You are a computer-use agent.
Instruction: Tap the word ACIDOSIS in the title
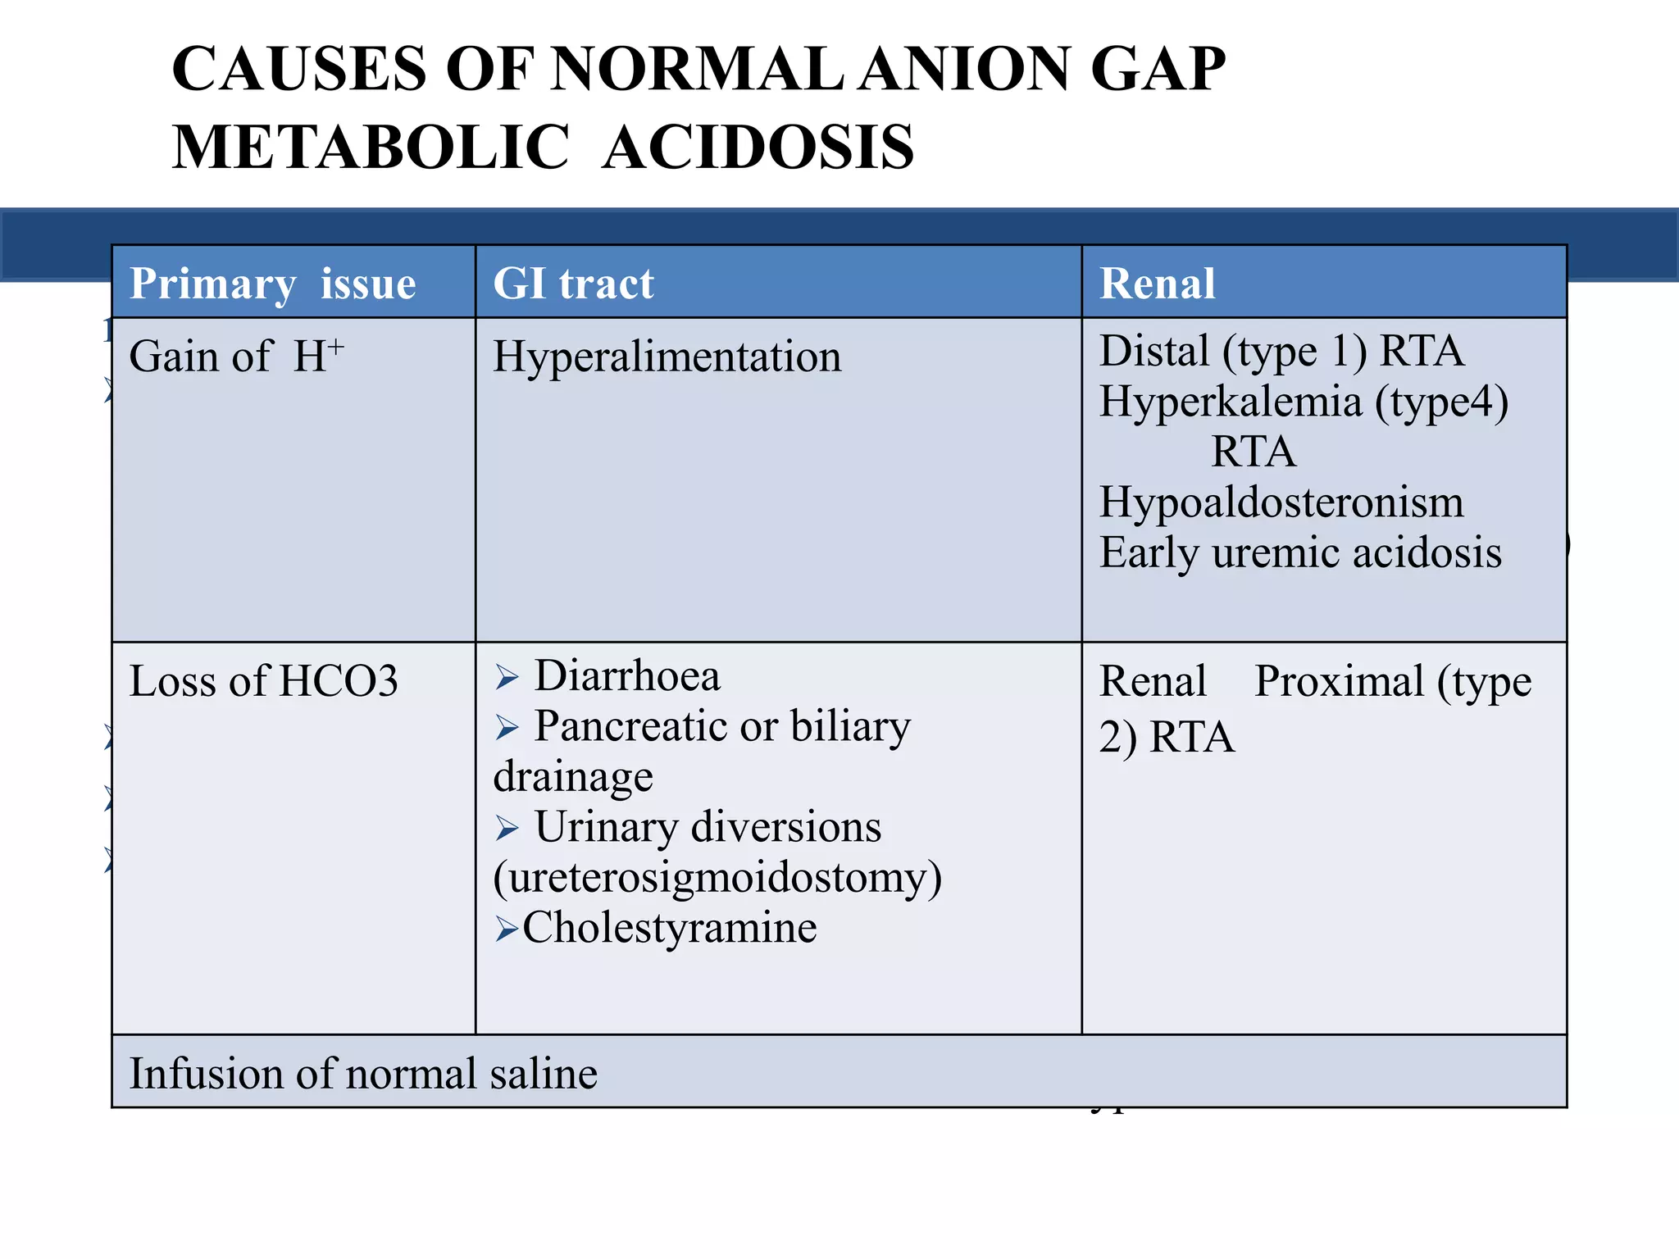click(758, 148)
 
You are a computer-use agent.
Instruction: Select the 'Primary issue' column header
click(272, 284)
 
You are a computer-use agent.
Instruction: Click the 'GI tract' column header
click(573, 284)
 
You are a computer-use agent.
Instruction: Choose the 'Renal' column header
click(1157, 284)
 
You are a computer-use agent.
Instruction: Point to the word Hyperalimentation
click(667, 357)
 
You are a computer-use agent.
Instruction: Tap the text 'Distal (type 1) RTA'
click(1281, 351)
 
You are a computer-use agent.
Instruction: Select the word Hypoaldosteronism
click(1281, 502)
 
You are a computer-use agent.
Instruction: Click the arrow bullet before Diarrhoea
click(507, 678)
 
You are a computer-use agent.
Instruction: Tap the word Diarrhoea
click(627, 676)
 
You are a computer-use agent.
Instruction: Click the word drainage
click(573, 777)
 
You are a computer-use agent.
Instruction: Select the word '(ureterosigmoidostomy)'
click(717, 877)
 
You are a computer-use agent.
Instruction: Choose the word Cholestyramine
click(669, 928)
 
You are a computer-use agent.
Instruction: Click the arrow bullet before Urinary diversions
click(507, 829)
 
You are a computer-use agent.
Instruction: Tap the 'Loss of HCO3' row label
click(263, 681)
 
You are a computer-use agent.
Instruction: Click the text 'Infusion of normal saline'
click(363, 1074)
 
